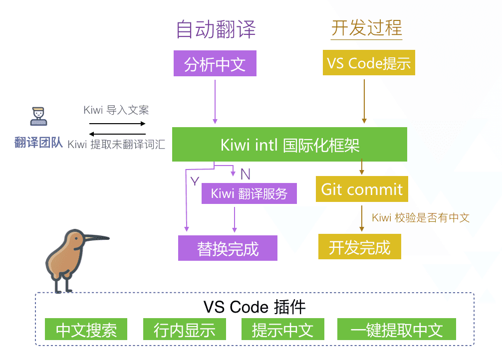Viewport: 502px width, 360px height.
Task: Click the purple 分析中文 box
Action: coord(215,64)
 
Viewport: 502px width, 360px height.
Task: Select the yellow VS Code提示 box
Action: coord(369,63)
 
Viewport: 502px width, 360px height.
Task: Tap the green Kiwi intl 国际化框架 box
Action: coord(289,145)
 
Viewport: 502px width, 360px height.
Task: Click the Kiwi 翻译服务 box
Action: coord(249,193)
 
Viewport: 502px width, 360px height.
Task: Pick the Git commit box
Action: coord(362,189)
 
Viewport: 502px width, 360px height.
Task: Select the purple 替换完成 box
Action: coord(228,248)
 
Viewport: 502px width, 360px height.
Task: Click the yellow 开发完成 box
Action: coord(359,247)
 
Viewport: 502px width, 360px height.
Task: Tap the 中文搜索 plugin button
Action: coord(86,330)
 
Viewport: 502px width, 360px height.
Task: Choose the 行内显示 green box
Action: coord(185,330)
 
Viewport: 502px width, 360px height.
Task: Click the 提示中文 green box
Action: coord(282,330)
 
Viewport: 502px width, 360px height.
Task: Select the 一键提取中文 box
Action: coord(397,330)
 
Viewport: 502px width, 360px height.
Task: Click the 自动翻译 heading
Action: coord(216,30)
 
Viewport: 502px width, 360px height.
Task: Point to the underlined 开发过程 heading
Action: coord(367,28)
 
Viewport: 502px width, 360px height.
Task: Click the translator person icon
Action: coord(38,117)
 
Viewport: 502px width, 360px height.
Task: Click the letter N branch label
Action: coord(245,174)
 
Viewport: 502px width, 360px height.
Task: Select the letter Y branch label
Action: coord(195,181)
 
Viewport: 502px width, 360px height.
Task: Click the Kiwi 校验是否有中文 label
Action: coord(421,217)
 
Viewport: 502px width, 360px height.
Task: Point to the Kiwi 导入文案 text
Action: coord(116,110)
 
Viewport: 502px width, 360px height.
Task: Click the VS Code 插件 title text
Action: coord(254,307)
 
